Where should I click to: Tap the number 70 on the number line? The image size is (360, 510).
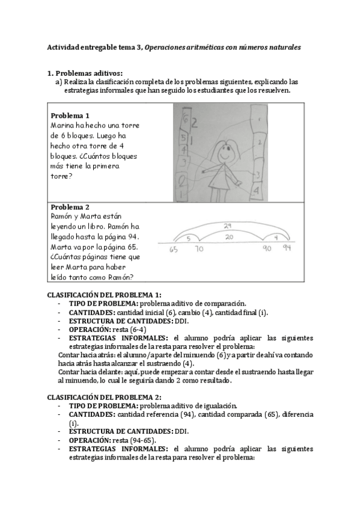[x=199, y=248]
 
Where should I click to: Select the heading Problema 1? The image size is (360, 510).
[x=70, y=115]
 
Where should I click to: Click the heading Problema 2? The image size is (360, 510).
[x=70, y=206]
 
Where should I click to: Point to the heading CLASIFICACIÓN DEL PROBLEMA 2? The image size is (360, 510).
[x=104, y=397]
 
